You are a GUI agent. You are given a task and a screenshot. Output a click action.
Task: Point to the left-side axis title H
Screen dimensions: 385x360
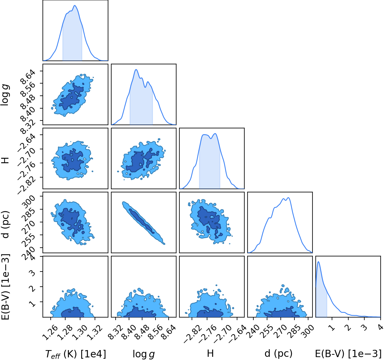point(6,160)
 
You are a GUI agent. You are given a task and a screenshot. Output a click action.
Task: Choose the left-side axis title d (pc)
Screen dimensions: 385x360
point(6,224)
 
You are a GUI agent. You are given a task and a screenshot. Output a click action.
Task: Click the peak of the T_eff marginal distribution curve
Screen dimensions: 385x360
point(75,6)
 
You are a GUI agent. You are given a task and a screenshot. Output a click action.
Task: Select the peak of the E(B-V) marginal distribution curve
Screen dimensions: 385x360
point(318,262)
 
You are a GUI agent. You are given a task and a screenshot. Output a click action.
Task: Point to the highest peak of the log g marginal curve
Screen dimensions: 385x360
point(136,69)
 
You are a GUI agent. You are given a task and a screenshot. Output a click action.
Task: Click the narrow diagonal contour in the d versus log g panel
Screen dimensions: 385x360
point(144,223)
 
